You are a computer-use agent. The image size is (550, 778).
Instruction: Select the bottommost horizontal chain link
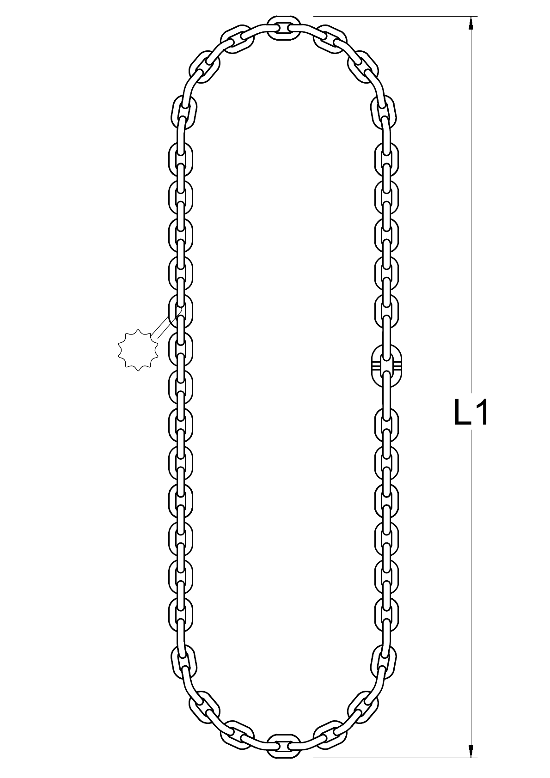point(284,745)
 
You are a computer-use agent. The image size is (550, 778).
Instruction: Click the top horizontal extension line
point(393,17)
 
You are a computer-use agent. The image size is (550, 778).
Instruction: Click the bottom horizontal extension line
point(393,758)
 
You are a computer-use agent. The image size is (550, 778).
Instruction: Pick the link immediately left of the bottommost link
point(238,733)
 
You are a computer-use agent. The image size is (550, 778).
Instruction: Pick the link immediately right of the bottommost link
point(330,733)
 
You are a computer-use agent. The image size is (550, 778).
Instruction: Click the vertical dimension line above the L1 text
point(471,208)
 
